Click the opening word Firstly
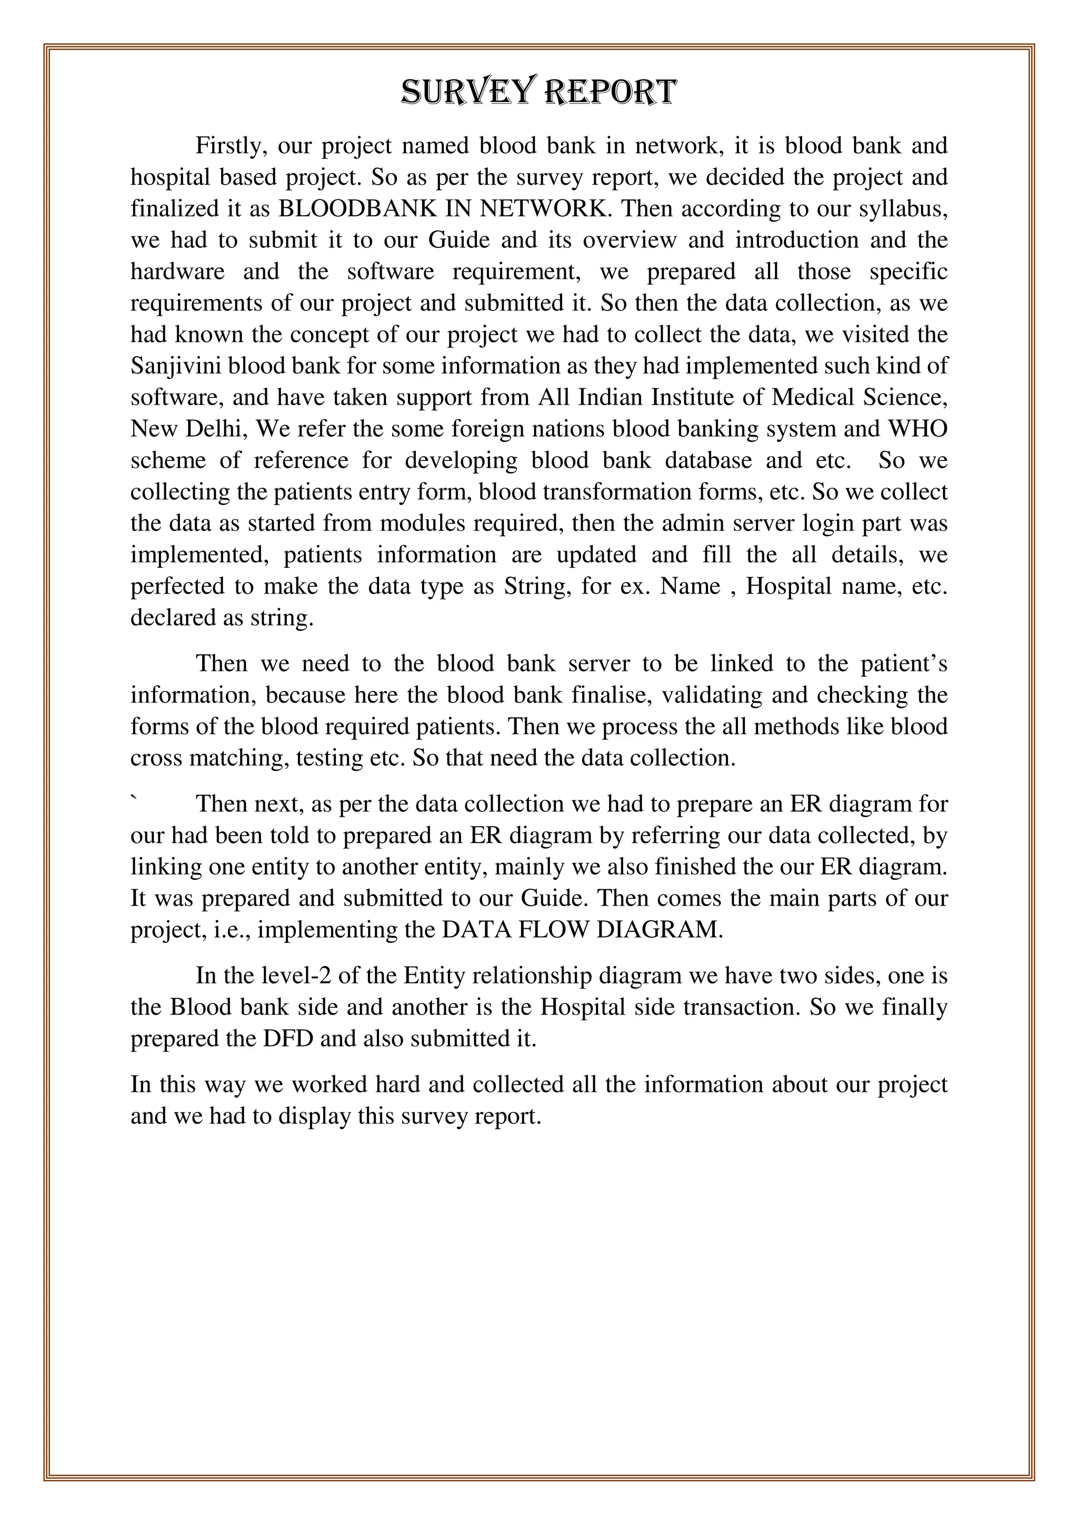click(x=231, y=145)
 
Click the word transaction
click(x=740, y=1008)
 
